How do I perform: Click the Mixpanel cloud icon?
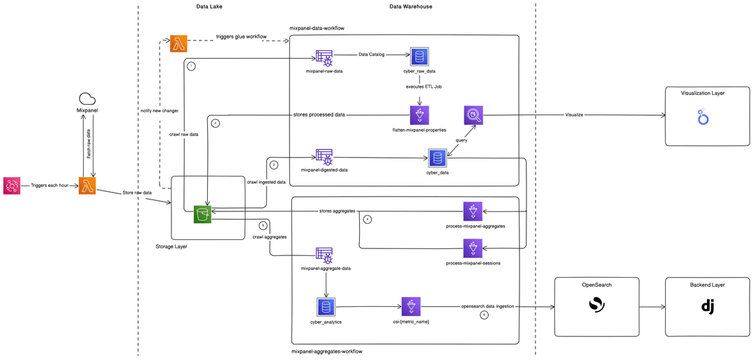(87, 99)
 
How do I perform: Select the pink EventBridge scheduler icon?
(12, 186)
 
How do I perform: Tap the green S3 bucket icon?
(202, 215)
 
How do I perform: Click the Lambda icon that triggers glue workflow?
(179, 43)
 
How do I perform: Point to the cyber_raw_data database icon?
(420, 57)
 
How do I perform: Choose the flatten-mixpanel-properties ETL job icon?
(420, 115)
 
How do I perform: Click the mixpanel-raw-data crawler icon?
(324, 58)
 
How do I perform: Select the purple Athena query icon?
(473, 115)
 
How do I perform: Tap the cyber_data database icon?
(437, 158)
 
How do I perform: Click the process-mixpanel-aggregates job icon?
(473, 211)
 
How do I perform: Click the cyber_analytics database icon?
(326, 306)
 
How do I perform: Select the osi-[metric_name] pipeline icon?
(411, 306)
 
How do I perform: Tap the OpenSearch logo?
(596, 306)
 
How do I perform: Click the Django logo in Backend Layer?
(708, 306)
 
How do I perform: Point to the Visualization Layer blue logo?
(703, 117)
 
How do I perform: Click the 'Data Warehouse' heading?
(411, 6)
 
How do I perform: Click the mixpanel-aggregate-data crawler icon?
(324, 255)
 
